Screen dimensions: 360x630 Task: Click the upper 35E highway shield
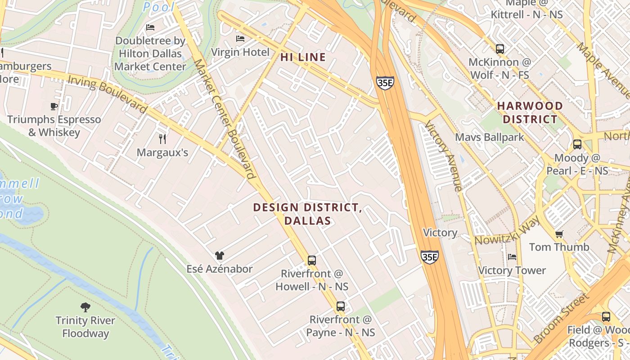385,83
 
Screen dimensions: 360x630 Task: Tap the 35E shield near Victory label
429,257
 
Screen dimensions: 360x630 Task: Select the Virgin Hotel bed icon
240,39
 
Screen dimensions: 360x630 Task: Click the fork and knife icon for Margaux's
162,139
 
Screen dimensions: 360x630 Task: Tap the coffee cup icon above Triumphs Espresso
54,106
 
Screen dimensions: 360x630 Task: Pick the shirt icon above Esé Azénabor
219,256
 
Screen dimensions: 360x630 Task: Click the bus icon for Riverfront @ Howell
311,260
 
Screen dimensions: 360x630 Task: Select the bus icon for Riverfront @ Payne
341,306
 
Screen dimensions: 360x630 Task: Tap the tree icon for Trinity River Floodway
85,307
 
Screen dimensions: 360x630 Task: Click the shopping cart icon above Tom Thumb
559,234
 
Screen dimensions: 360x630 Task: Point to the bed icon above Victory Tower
512,257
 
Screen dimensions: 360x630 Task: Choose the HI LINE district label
303,57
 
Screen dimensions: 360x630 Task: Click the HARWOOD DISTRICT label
530,112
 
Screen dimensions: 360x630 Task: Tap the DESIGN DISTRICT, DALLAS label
307,214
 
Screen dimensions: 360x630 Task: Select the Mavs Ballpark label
490,137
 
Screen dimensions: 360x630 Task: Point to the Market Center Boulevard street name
223,120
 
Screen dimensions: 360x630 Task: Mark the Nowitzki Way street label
507,231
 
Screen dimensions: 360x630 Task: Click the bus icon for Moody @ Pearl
577,144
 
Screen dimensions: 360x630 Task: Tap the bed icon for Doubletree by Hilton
150,27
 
